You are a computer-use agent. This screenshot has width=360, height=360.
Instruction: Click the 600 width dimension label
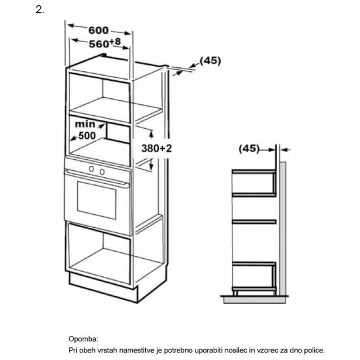(98, 30)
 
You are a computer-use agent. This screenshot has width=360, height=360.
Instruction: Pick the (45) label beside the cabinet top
(210, 60)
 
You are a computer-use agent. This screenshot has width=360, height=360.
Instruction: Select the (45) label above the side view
(249, 149)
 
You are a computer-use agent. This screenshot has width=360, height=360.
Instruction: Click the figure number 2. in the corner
(40, 10)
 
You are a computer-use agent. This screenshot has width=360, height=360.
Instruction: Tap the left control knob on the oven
(91, 170)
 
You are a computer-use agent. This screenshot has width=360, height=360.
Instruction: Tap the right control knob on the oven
(102, 172)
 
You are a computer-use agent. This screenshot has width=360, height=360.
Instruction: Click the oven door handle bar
(97, 180)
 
